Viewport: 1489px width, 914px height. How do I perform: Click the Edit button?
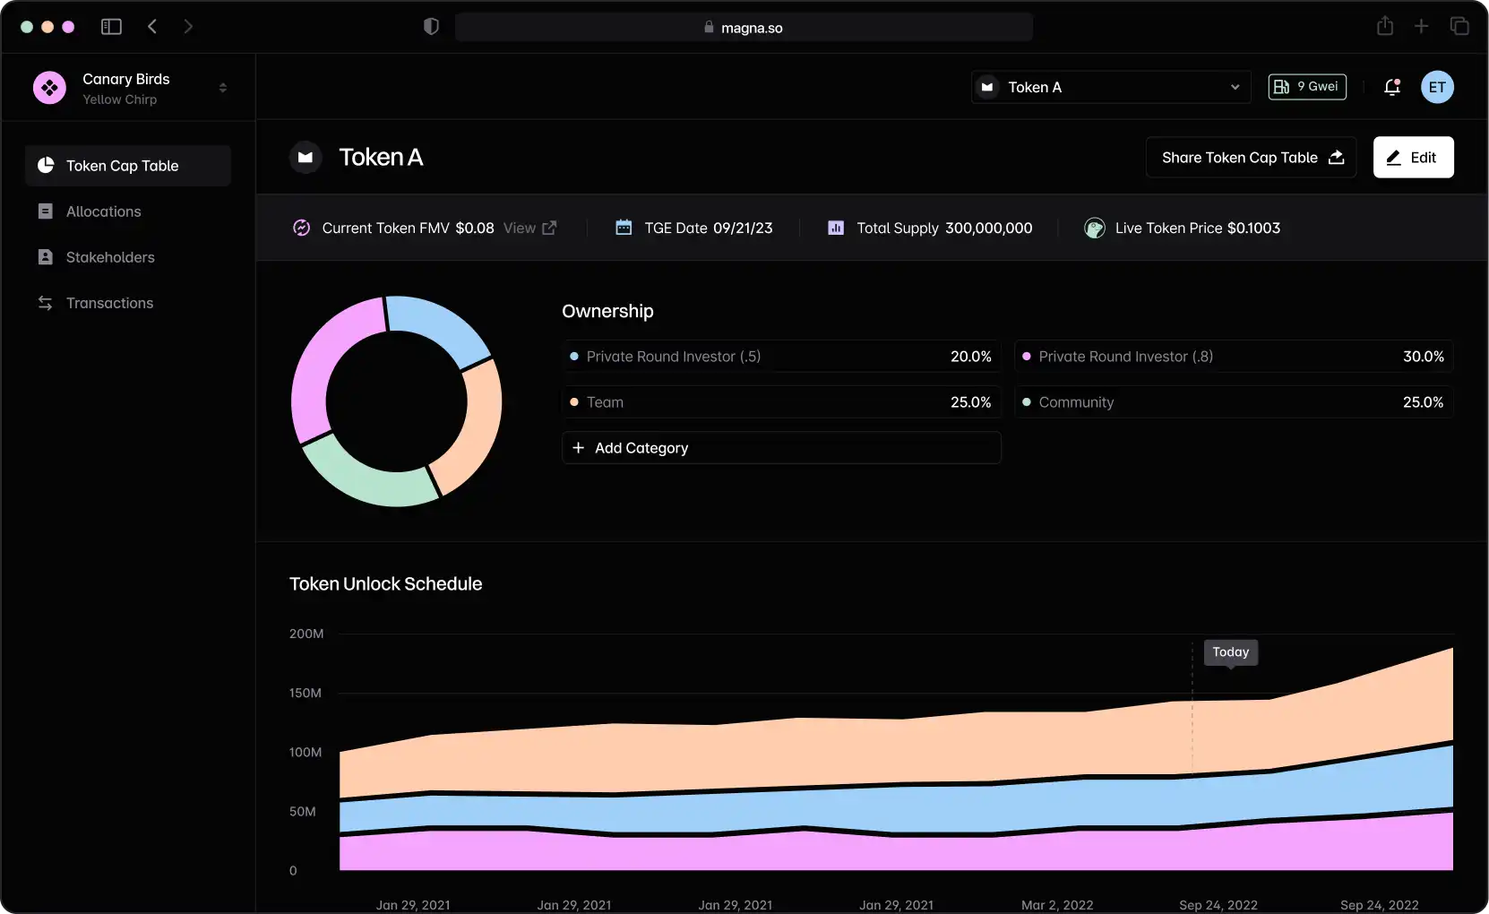[1413, 158]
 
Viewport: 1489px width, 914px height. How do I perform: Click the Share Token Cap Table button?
[1251, 158]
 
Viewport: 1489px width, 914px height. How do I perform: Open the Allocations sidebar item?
[103, 211]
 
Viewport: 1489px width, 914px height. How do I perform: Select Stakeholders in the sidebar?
[109, 257]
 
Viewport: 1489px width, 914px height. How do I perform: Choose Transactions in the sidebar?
[109, 303]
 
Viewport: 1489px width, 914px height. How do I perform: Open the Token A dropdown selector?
[1110, 87]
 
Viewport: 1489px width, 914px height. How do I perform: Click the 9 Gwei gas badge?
[1307, 87]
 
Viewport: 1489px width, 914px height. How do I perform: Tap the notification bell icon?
[1391, 87]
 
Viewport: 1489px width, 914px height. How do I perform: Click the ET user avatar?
[1437, 87]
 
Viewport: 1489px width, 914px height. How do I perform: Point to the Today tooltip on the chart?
[1230, 652]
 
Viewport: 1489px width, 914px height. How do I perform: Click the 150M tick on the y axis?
[305, 693]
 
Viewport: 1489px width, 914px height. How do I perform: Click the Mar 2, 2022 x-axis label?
[1057, 904]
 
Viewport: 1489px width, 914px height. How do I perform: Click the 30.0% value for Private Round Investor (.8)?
[1423, 357]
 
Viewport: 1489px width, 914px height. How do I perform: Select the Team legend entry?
[605, 402]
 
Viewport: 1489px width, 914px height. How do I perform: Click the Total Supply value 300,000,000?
[988, 228]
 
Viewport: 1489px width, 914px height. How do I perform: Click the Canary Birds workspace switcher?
[129, 88]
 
